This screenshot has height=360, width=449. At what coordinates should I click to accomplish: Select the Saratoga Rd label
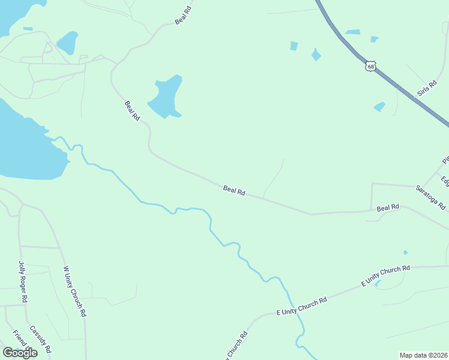(430, 197)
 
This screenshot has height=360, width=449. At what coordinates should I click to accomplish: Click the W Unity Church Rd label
(74, 292)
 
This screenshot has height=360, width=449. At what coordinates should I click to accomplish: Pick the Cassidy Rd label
(41, 340)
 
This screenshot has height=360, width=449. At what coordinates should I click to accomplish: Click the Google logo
(20, 353)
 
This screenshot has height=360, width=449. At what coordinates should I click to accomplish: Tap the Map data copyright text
(424, 355)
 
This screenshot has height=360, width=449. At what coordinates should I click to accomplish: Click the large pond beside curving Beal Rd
(164, 97)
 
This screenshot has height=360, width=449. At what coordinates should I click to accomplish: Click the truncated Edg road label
(445, 181)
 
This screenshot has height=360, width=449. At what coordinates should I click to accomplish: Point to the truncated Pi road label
(445, 160)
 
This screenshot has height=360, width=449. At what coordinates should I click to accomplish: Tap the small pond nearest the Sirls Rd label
(379, 107)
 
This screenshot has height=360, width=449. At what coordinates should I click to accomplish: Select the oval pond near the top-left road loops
(67, 43)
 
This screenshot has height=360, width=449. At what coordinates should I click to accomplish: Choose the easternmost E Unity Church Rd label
(385, 275)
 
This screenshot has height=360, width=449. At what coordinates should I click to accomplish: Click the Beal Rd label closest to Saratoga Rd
(388, 208)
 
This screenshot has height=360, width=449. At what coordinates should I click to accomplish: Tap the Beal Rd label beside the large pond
(132, 111)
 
